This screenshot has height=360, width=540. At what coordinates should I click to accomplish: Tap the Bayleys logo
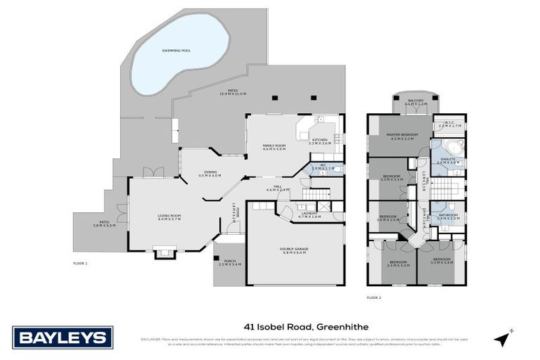pos(62,337)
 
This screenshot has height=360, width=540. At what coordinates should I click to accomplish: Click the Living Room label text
pos(169,217)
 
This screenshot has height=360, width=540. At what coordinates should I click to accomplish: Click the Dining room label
pos(210,174)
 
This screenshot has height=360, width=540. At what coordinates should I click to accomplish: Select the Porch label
pos(229,262)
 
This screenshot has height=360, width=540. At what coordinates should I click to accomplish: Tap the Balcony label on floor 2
pos(416,102)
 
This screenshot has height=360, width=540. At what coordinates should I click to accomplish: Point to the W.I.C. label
pos(451,124)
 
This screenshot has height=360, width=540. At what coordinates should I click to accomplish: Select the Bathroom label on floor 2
pos(449,217)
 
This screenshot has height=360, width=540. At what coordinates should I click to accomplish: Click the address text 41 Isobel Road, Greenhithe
pos(306,326)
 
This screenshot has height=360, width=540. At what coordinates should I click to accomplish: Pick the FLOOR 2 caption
pos(374,298)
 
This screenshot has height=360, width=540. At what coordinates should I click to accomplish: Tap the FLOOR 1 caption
pos(79,263)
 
